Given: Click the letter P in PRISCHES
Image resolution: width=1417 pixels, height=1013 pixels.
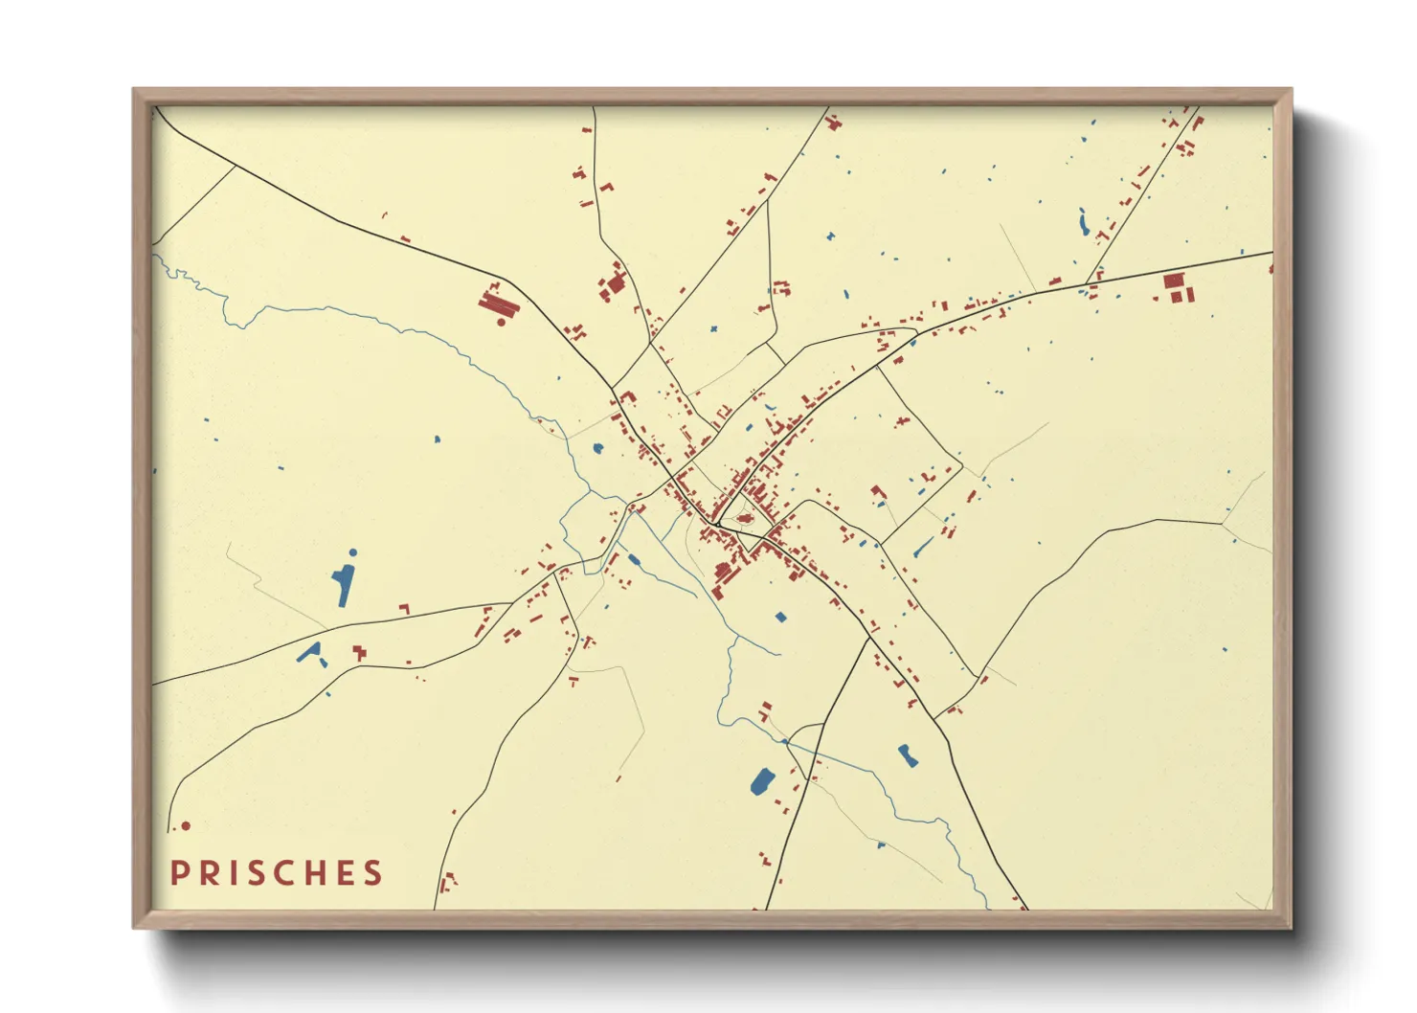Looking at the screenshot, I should [x=179, y=873].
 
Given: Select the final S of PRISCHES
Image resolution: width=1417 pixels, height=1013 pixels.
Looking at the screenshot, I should [x=373, y=873].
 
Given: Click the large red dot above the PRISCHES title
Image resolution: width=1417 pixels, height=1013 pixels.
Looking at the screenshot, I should [x=186, y=825].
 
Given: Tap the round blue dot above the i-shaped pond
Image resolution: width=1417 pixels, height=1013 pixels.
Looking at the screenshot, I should [x=352, y=552].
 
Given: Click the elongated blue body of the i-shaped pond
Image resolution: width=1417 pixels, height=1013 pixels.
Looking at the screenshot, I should [x=342, y=585].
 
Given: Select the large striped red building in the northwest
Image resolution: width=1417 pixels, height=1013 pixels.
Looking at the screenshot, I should [x=498, y=304].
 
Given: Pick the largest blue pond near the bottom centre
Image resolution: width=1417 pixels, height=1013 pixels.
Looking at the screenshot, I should [x=763, y=781].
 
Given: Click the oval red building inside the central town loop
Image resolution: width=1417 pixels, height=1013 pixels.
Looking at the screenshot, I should [x=745, y=519].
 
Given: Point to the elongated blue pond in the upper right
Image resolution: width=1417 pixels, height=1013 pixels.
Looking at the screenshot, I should [x=1084, y=222].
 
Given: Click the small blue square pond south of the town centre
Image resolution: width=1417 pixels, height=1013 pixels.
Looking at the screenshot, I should [x=780, y=618].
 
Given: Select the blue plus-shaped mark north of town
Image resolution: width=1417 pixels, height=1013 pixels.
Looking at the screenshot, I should [x=713, y=329].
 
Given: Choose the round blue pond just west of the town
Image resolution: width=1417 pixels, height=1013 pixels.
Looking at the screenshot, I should [x=598, y=448].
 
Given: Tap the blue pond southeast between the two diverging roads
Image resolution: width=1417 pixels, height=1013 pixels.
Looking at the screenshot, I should [x=907, y=755].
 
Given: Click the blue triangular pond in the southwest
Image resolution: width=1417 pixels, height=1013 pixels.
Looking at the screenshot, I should [x=308, y=653].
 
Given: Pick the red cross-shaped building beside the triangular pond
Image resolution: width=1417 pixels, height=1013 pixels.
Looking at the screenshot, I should [x=359, y=653].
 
